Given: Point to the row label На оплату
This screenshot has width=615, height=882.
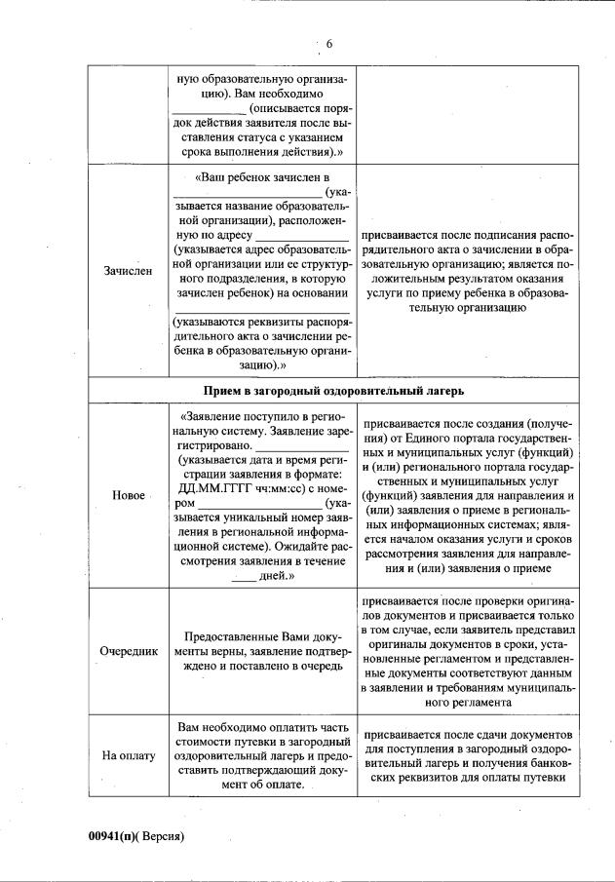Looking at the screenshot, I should tap(128, 756).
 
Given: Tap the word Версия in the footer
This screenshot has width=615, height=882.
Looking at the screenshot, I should tap(163, 835).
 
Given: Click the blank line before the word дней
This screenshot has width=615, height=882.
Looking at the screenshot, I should tap(244, 576).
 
